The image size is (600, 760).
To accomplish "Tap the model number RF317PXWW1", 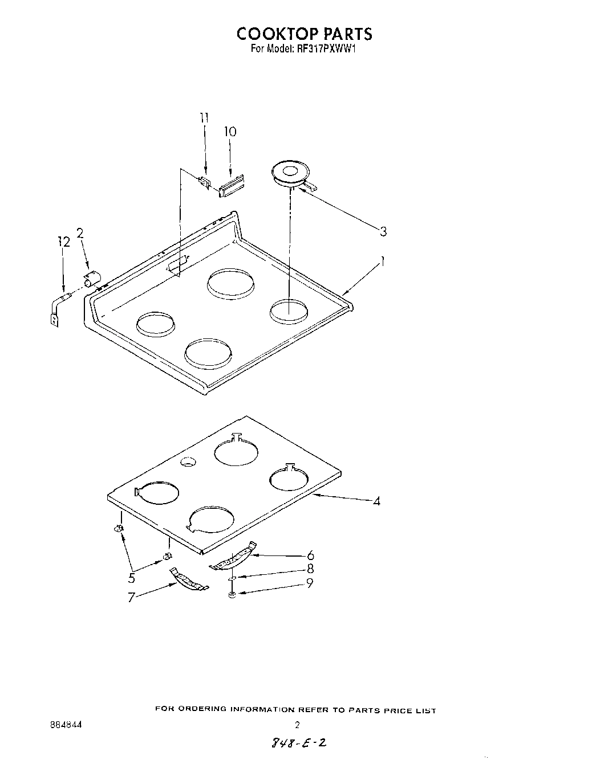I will [x=326, y=49].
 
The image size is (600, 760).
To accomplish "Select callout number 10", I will [x=230, y=132].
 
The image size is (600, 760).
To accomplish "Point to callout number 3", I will [x=383, y=231].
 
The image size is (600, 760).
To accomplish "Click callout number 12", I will [x=64, y=243].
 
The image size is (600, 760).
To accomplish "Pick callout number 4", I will [x=376, y=501].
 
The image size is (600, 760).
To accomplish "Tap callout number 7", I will [x=131, y=599].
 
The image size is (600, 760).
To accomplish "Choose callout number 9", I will [x=310, y=583].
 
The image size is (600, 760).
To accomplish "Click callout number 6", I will [x=310, y=555].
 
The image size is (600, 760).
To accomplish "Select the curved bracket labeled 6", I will [x=234, y=557].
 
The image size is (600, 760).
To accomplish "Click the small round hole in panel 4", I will [x=187, y=463].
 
